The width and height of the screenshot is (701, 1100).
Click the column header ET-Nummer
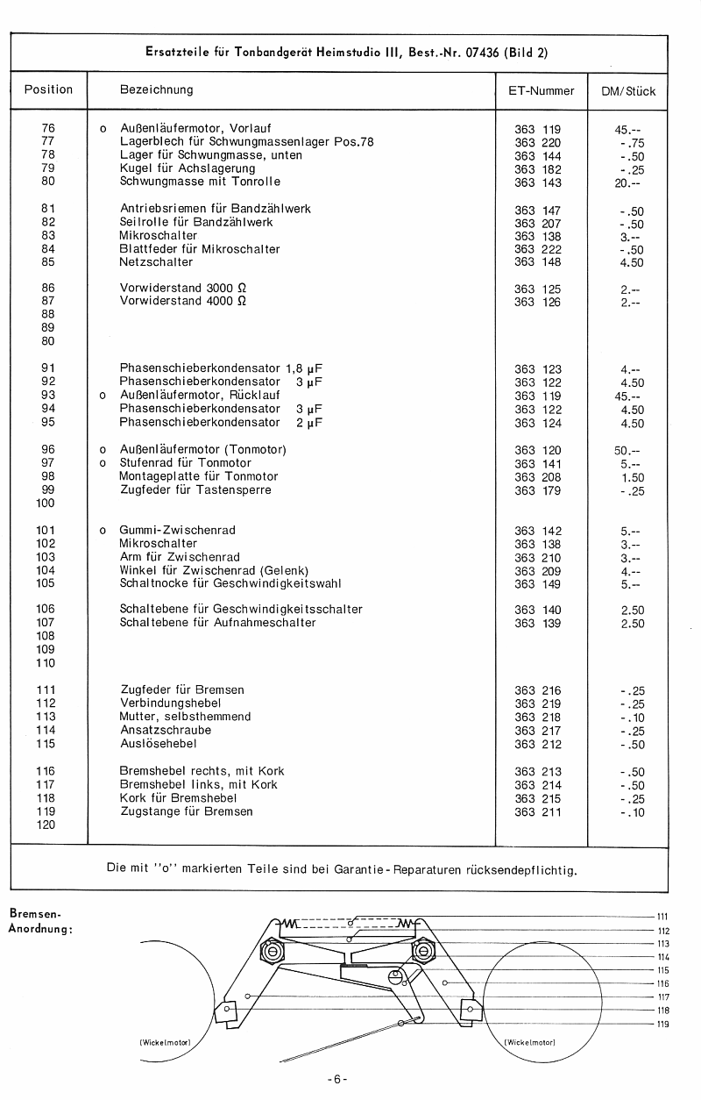[x=541, y=90]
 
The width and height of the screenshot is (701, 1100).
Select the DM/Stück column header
[x=628, y=90]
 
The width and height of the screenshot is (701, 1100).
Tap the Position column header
[x=48, y=89]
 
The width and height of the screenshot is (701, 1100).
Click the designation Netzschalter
[x=156, y=262]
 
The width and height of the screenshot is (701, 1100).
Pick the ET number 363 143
[x=538, y=182]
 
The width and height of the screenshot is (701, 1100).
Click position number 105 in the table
[x=46, y=583]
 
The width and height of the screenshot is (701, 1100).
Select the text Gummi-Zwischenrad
[x=177, y=531]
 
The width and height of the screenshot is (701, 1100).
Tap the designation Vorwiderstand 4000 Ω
[x=183, y=302]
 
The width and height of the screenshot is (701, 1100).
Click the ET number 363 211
[x=538, y=811]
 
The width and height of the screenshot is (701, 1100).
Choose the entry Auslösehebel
[x=158, y=744]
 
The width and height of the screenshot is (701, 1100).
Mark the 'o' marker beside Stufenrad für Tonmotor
[x=103, y=463]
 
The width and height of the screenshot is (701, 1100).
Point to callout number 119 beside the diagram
[x=663, y=1024]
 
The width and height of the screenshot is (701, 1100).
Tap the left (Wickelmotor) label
[x=165, y=1042]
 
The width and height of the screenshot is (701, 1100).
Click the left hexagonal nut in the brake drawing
[x=272, y=951]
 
